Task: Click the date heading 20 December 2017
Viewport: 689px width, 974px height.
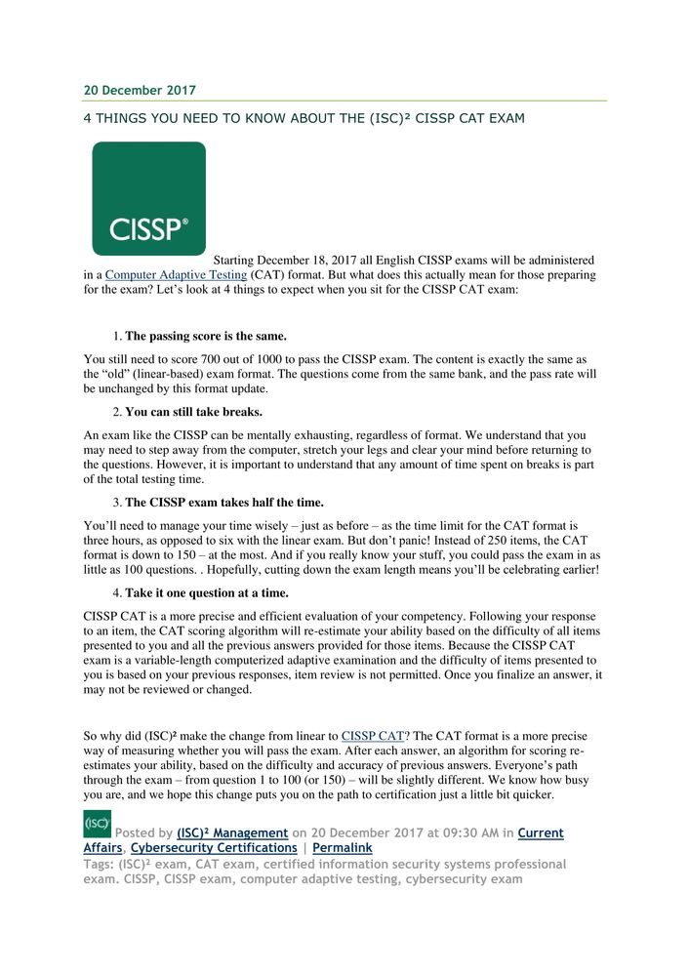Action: (140, 91)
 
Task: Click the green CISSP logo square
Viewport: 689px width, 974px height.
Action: (148, 199)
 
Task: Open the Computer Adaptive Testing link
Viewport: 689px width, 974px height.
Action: (165, 275)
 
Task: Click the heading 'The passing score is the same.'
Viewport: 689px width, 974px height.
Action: (206, 336)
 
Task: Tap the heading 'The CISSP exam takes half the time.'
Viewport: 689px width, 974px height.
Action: (223, 503)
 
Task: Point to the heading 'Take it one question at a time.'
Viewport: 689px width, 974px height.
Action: (206, 593)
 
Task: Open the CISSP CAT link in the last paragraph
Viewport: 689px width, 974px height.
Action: (373, 735)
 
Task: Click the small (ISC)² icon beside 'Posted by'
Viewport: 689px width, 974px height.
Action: (97, 825)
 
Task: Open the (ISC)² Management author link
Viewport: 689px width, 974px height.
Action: (232, 833)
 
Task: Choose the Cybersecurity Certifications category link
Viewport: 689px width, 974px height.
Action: (214, 848)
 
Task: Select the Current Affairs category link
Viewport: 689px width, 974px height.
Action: (541, 833)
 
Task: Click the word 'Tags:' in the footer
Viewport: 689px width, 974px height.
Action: (100, 865)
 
